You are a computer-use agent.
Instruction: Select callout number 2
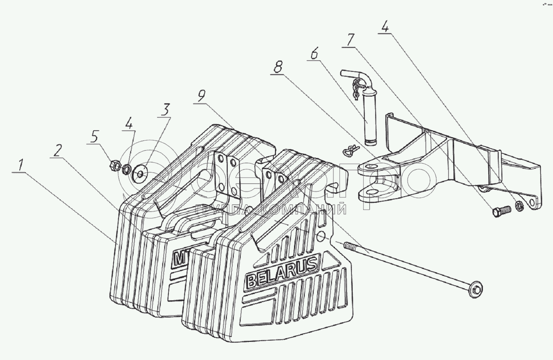tap(57, 151)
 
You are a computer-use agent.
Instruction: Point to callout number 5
tap(94, 137)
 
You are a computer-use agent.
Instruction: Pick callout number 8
tap(278, 68)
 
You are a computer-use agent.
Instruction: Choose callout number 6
tap(315, 54)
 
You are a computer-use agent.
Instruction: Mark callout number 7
tap(350, 41)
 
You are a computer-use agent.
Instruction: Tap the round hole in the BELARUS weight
tap(321, 236)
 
